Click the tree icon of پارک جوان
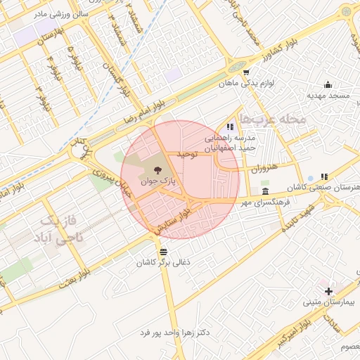[x=157, y=169]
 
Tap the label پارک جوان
[x=157, y=181]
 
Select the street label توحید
[x=191, y=153]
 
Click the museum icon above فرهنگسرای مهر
[x=264, y=191]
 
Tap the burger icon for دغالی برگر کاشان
[x=163, y=251]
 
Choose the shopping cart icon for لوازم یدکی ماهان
[x=245, y=72]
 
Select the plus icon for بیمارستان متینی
[x=328, y=291]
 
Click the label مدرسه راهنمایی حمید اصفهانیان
[x=232, y=144]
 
